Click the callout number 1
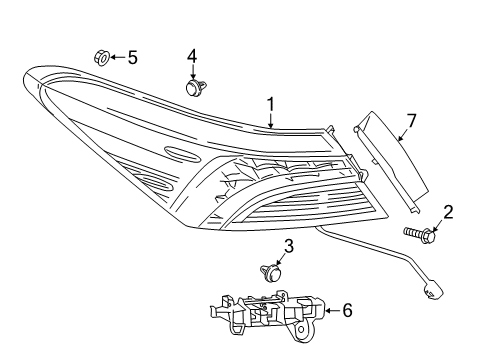(270, 103)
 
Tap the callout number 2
(448, 211)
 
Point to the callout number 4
(191, 55)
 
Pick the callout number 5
(131, 57)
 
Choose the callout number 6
(347, 311)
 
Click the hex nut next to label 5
(101, 57)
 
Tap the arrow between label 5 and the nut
(116, 57)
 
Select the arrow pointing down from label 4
(191, 71)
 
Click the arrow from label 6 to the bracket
(330, 311)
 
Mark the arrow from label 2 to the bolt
(441, 225)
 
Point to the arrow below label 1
(270, 119)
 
